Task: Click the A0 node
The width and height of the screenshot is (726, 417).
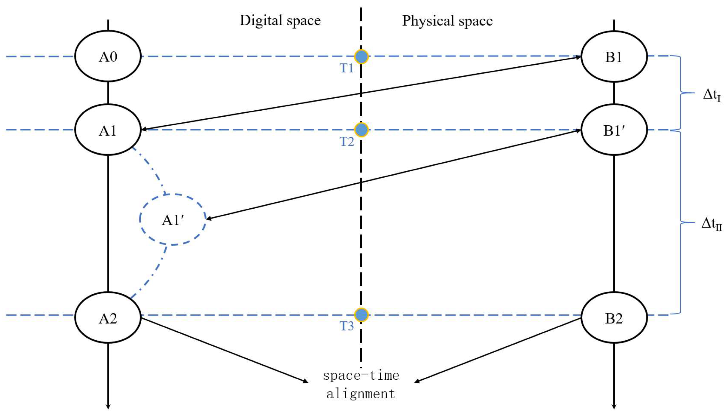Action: (108, 56)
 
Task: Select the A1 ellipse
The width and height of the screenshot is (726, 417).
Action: (108, 130)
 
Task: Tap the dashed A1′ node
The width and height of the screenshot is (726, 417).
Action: (173, 220)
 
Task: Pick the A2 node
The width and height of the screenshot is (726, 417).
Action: (108, 318)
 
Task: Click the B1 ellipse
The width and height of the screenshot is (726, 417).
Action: (614, 57)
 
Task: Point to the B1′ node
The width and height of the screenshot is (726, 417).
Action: (614, 130)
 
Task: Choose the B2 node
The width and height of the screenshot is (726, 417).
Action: (614, 318)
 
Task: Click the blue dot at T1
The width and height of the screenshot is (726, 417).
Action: (361, 57)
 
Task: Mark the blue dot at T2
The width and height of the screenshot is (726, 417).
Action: (361, 130)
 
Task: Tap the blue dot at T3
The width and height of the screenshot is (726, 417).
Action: (361, 315)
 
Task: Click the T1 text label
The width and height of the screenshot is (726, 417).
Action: (346, 68)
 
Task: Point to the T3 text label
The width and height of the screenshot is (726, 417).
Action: (346, 326)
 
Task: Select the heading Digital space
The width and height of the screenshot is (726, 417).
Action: (280, 21)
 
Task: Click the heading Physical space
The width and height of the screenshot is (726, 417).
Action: (447, 21)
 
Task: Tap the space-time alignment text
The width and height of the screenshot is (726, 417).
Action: (361, 385)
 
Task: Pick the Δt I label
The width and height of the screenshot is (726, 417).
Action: (711, 95)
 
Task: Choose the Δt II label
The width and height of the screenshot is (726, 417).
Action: (711, 224)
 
